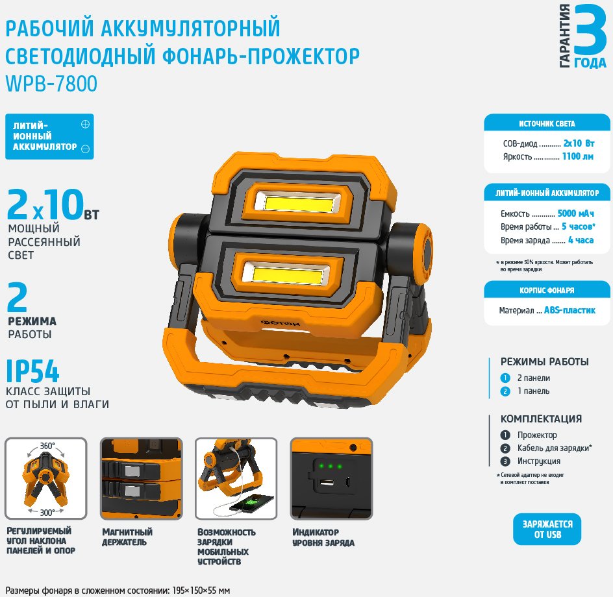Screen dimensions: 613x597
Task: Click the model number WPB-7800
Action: [51, 84]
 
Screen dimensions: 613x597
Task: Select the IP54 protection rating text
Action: [32, 371]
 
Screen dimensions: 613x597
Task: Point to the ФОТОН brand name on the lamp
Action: [281, 323]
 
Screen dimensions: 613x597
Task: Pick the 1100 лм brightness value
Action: [577, 156]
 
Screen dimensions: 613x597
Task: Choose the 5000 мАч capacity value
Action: [575, 213]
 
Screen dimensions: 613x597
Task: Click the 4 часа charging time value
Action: [581, 240]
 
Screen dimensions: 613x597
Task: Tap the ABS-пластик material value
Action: [569, 310]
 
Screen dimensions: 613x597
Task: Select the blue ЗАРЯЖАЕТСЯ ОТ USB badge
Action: [547, 529]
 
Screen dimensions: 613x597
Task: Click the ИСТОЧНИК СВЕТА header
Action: [547, 124]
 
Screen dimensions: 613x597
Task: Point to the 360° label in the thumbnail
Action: [47, 446]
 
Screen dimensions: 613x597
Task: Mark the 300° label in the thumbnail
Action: [47, 512]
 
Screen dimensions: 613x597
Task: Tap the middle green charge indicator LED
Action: [331, 466]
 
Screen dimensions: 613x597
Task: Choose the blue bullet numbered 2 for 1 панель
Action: [505, 391]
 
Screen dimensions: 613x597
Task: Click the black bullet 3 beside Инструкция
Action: [505, 461]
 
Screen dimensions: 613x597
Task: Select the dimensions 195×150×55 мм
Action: [201, 590]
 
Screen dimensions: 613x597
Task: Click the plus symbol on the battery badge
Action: [85, 124]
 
